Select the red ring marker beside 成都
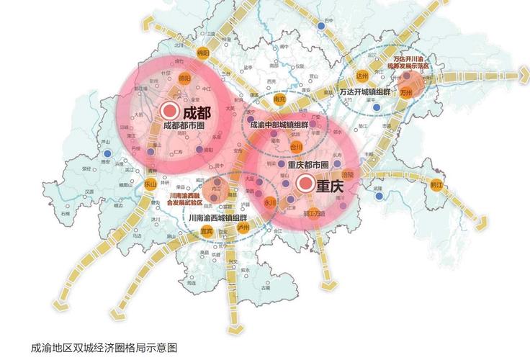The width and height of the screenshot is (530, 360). pos(170,112)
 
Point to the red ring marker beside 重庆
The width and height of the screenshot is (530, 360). pos(305,184)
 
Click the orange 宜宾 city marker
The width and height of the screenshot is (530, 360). pos(207,230)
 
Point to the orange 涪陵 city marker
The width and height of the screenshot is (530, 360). pos(349,175)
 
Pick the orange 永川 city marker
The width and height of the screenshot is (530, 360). pos(271,203)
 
